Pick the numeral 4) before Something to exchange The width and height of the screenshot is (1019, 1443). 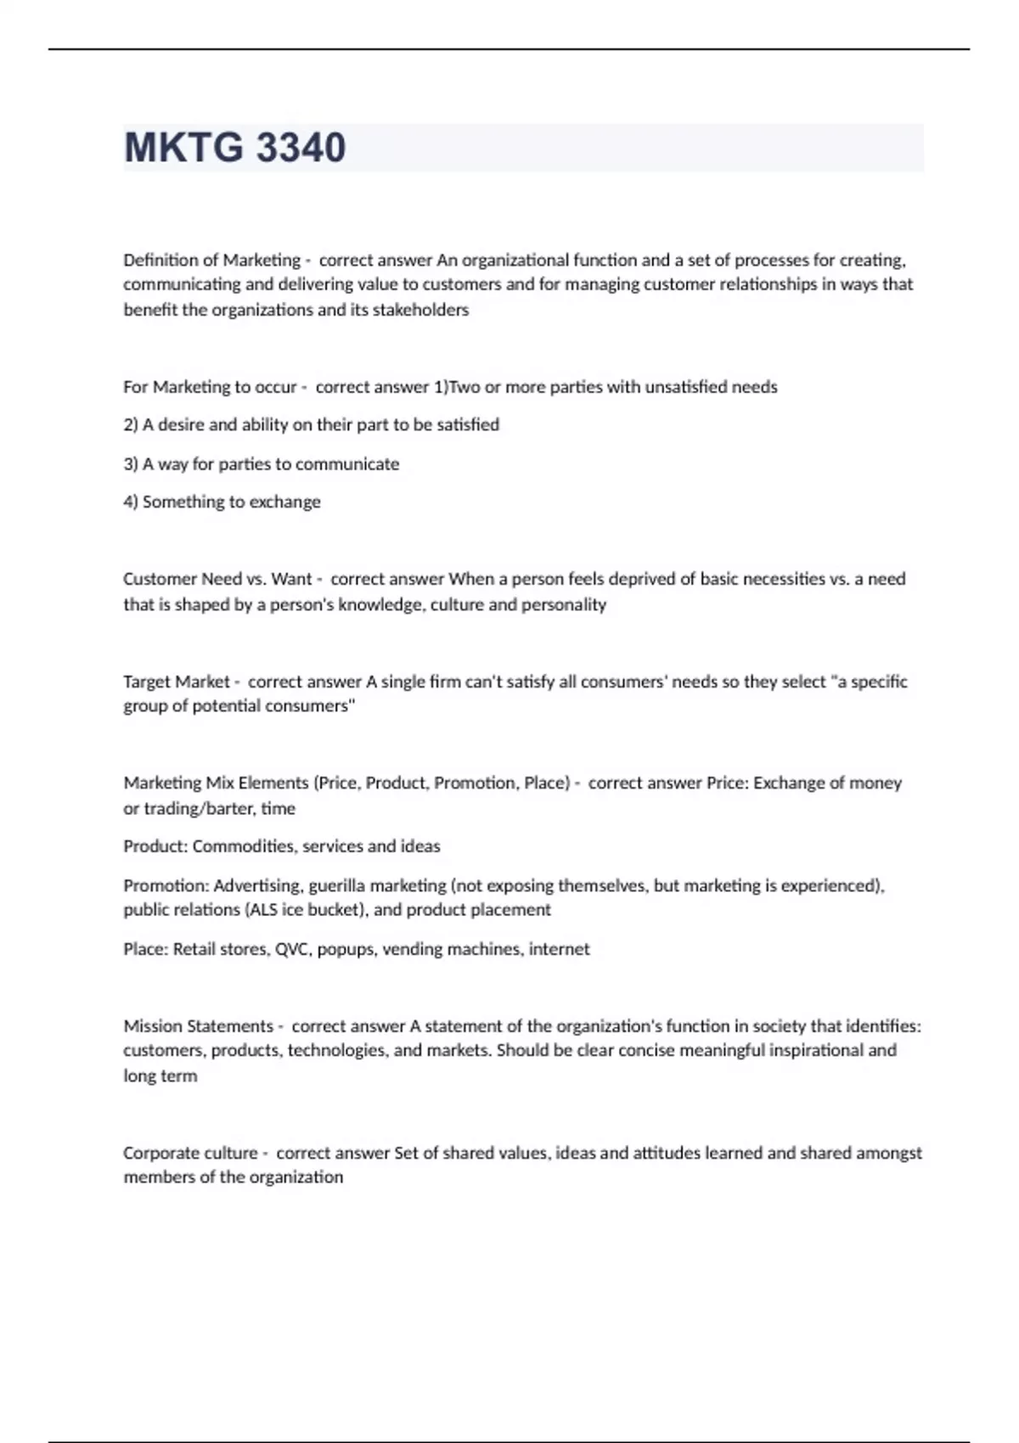131,502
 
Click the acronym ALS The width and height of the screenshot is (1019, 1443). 262,910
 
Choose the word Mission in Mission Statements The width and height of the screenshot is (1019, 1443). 153,1026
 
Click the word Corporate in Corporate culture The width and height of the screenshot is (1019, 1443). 161,1154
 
